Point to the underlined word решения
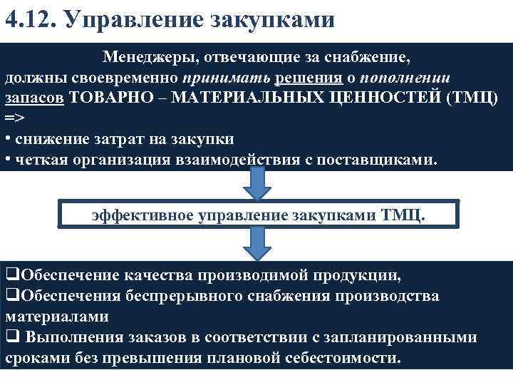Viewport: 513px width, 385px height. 289,77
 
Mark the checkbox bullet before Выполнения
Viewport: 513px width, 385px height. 11,337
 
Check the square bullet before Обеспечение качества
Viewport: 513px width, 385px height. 11,275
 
